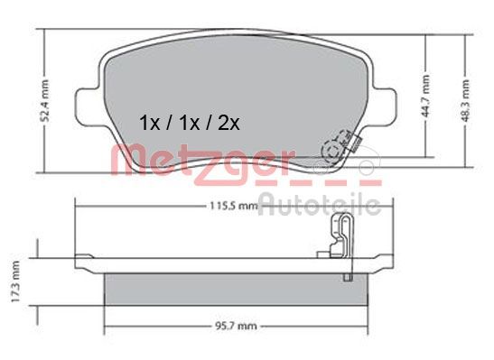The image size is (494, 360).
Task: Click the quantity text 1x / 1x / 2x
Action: click(188, 122)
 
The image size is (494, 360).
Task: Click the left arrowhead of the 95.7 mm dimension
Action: click(109, 328)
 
